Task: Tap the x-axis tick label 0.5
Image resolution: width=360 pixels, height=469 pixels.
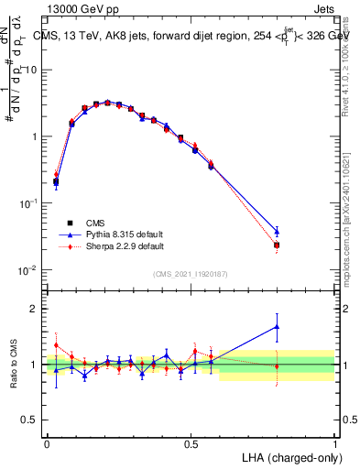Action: (191, 442)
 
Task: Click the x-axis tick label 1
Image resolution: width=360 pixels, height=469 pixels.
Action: (334, 442)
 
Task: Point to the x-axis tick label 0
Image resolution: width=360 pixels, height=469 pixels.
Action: (47, 442)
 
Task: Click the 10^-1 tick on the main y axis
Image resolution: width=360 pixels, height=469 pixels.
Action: (35, 203)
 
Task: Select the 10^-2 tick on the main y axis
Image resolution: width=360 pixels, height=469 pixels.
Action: (35, 270)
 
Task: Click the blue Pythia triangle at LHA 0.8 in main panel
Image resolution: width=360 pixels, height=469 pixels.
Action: (277, 231)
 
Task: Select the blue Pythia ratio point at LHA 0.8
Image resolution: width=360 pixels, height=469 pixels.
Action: (277, 326)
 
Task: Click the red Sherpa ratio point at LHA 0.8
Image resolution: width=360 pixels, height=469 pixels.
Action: (277, 366)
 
